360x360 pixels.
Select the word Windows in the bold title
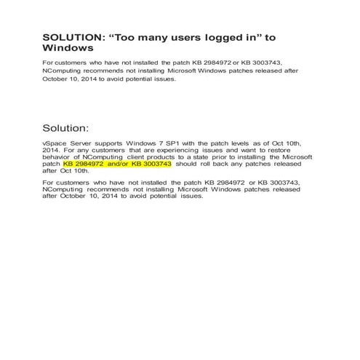pyautogui.click(x=68, y=48)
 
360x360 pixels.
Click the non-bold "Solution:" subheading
pyautogui.click(x=66, y=127)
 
